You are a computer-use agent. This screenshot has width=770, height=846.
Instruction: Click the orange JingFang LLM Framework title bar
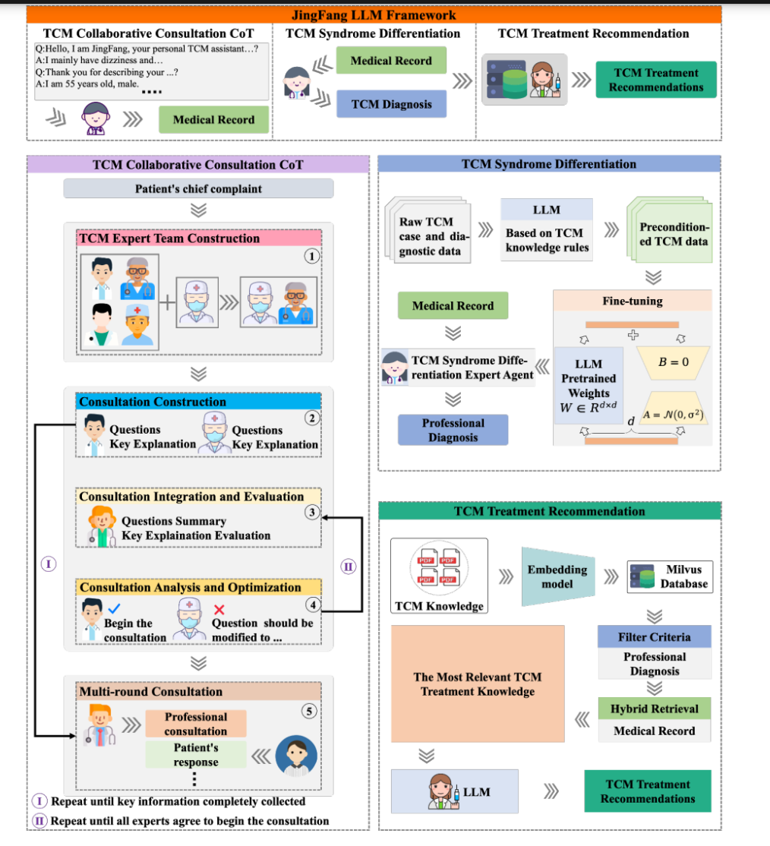[374, 14]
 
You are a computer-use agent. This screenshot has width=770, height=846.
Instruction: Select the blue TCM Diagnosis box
[391, 104]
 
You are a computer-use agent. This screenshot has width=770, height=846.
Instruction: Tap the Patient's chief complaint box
[198, 189]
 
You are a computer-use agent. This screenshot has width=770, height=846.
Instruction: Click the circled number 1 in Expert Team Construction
[312, 256]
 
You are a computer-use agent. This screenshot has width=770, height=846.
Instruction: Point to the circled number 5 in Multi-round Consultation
[309, 711]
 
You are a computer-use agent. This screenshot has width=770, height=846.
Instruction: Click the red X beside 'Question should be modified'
[219, 610]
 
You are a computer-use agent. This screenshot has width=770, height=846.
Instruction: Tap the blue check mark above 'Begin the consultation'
[114, 608]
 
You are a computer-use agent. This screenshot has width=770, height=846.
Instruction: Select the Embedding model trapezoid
[558, 576]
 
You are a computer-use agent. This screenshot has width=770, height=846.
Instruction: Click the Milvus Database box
[670, 576]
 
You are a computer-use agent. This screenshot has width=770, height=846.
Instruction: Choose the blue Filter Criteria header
[655, 636]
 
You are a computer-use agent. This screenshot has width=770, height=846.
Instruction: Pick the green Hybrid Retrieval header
[655, 709]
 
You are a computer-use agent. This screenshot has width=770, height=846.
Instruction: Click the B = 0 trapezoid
[673, 362]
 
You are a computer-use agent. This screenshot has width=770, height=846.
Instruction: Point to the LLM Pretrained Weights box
[589, 386]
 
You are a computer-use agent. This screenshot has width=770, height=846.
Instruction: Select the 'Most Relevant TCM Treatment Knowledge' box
[478, 683]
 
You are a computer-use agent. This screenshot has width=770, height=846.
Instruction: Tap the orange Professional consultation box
[196, 724]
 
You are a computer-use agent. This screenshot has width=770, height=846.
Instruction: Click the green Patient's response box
[196, 754]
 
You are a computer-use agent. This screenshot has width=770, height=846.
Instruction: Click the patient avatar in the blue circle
[296, 756]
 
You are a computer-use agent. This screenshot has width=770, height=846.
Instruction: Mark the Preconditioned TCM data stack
[670, 230]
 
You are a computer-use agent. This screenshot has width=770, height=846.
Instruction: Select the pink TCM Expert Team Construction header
[199, 238]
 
